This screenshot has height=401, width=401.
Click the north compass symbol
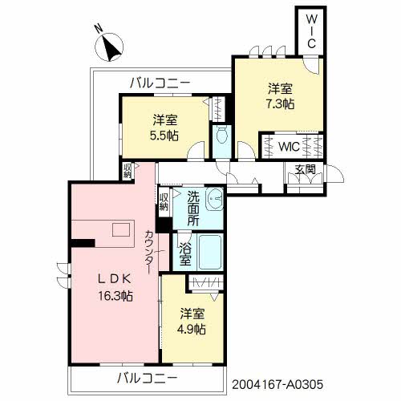109,47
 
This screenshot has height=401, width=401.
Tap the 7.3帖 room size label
280,104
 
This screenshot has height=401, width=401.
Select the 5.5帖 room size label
164,136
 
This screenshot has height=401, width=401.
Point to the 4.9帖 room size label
192,329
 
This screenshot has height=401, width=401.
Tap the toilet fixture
221,135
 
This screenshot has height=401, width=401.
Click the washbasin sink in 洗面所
214,199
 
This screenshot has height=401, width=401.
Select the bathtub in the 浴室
210,252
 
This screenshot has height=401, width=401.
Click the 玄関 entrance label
305,169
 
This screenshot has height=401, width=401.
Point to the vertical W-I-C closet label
311,31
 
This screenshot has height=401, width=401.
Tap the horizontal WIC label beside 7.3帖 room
289,146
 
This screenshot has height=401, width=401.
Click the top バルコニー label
160,83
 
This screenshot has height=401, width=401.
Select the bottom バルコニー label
148,378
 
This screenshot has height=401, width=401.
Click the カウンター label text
149,252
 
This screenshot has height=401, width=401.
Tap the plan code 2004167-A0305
277,385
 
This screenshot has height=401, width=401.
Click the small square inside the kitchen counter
121,230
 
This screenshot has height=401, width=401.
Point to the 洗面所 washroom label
193,209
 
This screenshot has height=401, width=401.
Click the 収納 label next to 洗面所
164,202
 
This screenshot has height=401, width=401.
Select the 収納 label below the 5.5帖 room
128,171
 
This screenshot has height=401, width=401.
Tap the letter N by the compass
99,29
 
